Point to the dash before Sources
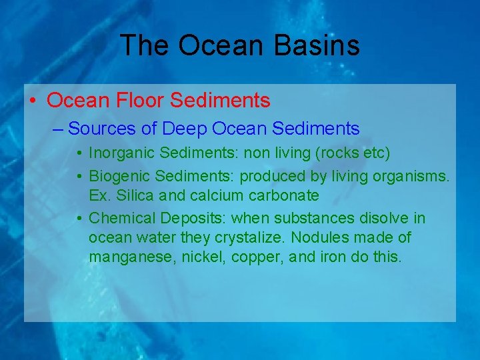pyautogui.click(x=58, y=129)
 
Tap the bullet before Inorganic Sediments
pyautogui.click(x=79, y=154)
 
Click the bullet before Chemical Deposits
pyautogui.click(x=79, y=219)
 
